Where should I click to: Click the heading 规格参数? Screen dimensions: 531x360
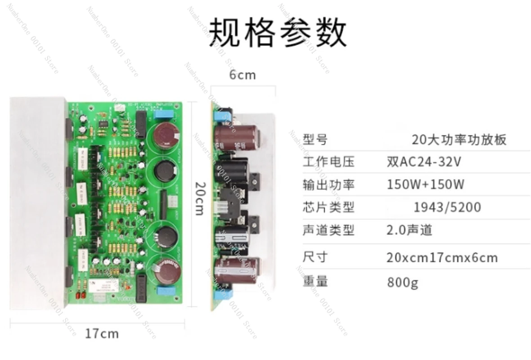pyautogui.click(x=279, y=32)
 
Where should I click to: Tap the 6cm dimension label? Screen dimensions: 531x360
pyautogui.click(x=243, y=75)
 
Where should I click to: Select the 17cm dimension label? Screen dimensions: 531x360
pyautogui.click(x=102, y=333)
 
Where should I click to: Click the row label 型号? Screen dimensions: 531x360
pyautogui.click(x=315, y=139)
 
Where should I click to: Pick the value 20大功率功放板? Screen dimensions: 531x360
pyautogui.click(x=459, y=139)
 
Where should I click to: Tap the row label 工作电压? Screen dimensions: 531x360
pyautogui.click(x=328, y=162)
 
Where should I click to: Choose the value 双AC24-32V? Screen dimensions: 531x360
pyautogui.click(x=424, y=162)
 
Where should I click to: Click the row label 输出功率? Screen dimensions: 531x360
pyautogui.click(x=328, y=184)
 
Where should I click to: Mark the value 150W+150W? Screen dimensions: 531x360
pyautogui.click(x=426, y=184)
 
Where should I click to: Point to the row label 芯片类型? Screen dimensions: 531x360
pyautogui.click(x=328, y=207)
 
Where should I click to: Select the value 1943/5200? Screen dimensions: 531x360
pyautogui.click(x=447, y=207)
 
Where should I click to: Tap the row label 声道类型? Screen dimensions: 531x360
pyautogui.click(x=328, y=230)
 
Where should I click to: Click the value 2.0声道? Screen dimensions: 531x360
pyautogui.click(x=409, y=230)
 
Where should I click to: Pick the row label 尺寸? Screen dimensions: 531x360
pyautogui.click(x=315, y=257)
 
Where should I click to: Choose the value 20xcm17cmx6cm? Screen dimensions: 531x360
pyautogui.click(x=442, y=258)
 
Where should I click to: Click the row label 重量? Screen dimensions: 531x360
pyautogui.click(x=315, y=282)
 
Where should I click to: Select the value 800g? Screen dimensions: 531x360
pyautogui.click(x=402, y=283)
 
